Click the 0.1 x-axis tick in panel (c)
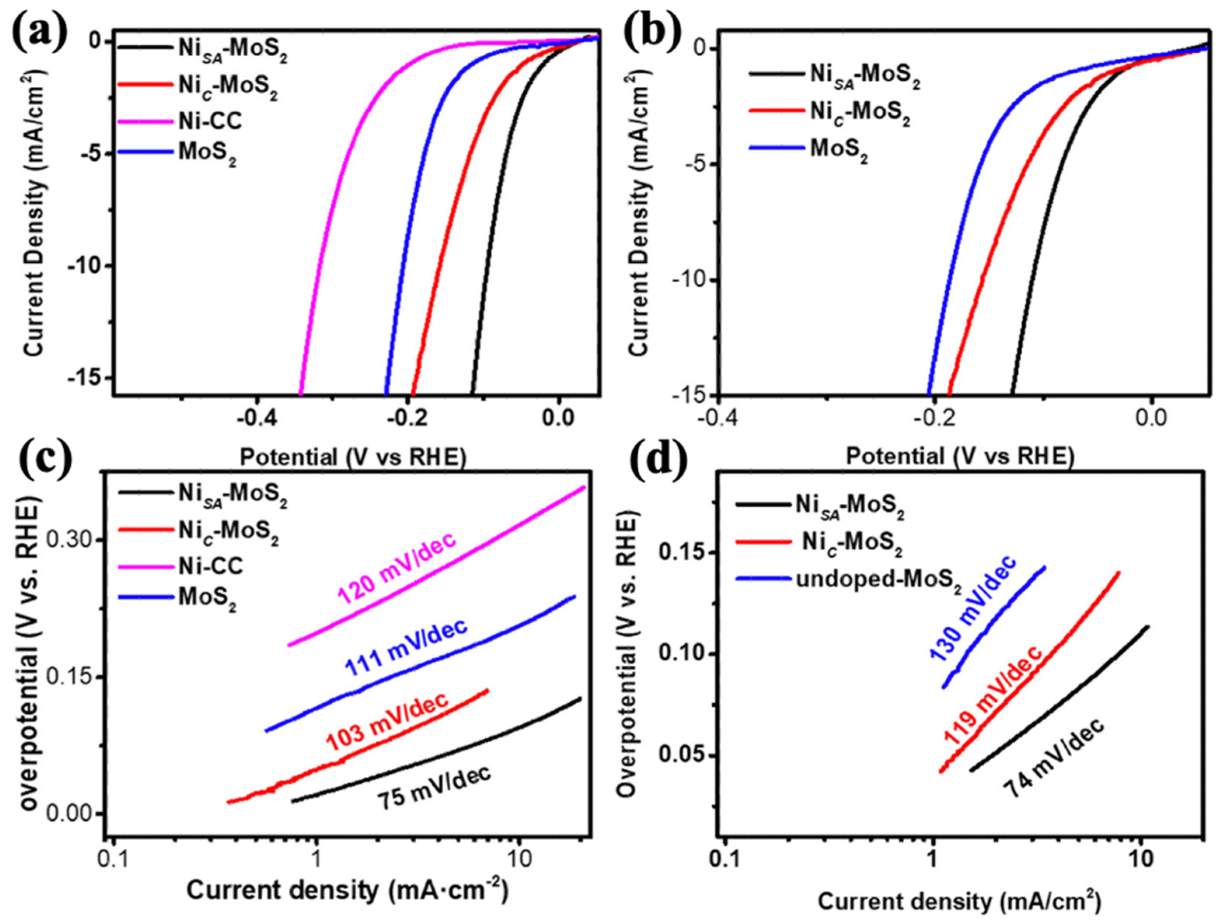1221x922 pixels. (x=113, y=861)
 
